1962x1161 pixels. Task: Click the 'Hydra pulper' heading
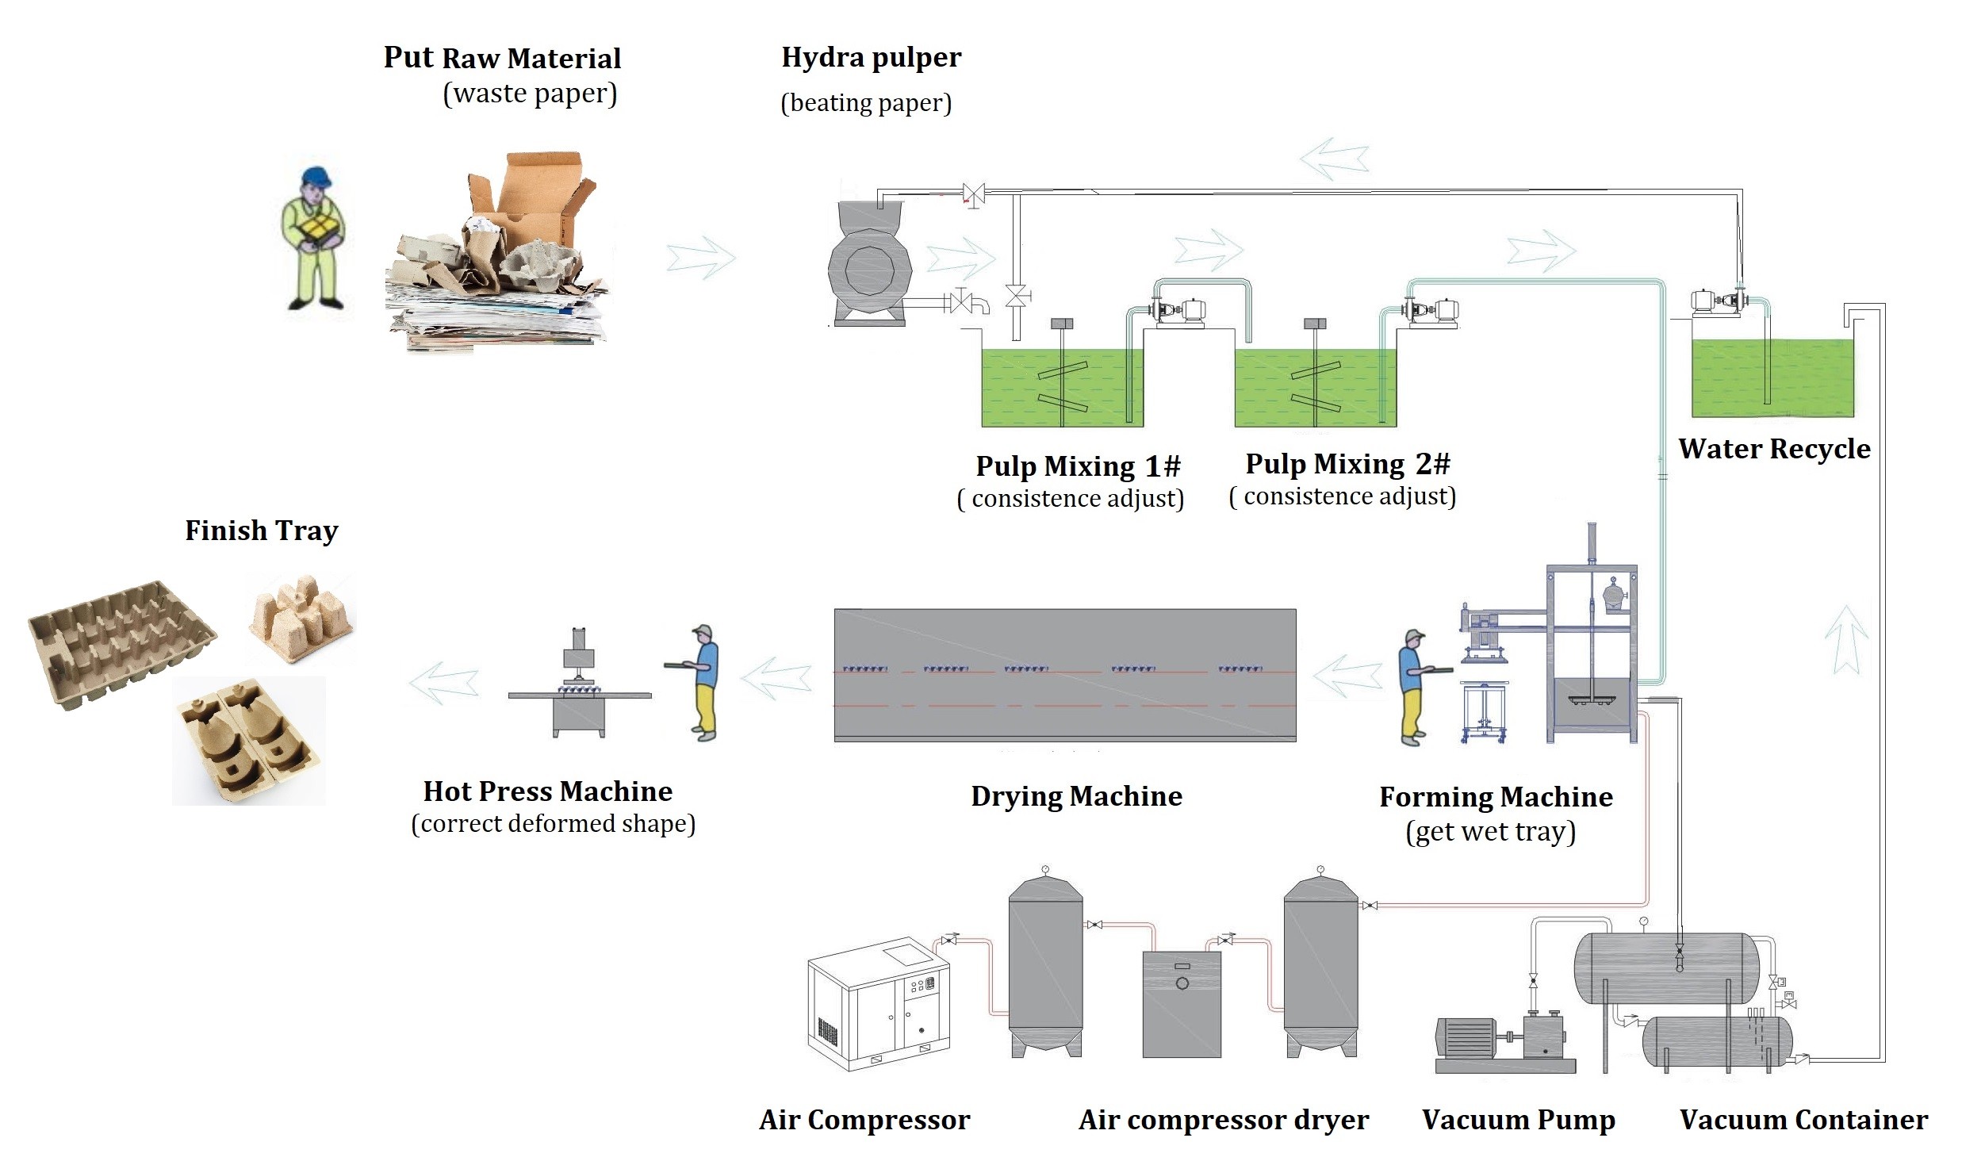[x=871, y=58]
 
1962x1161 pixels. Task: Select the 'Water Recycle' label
[x=1774, y=449]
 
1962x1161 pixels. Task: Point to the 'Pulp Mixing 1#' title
[x=1078, y=466]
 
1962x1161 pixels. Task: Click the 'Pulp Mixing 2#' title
[x=1347, y=464]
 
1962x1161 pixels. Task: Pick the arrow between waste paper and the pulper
[x=701, y=258]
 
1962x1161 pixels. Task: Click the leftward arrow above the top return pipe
[x=1334, y=156]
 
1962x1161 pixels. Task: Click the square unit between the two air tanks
[x=1181, y=1002]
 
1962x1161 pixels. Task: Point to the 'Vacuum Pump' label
[x=1518, y=1119]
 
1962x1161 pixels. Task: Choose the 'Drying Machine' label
[x=1076, y=796]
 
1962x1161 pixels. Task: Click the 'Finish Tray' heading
[x=262, y=531]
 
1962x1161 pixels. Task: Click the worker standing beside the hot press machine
[x=702, y=683]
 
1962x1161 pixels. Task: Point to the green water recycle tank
[x=1772, y=377]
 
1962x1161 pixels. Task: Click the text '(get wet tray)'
[x=1490, y=832]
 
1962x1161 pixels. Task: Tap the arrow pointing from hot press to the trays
[x=443, y=681]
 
